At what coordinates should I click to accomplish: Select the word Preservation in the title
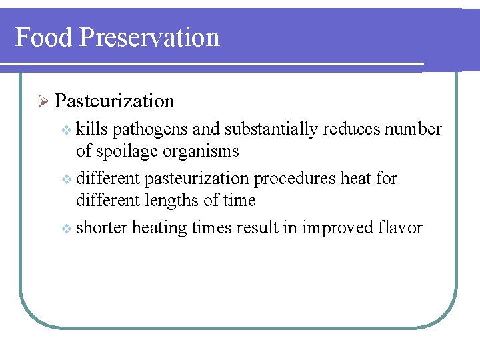click(x=149, y=37)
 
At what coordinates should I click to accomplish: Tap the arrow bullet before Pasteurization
click(x=43, y=101)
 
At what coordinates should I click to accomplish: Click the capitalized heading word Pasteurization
click(x=115, y=101)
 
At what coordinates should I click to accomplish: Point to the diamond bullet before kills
click(x=65, y=129)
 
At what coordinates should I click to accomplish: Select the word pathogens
click(x=157, y=129)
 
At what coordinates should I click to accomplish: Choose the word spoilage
click(x=131, y=151)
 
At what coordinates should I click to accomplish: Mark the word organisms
click(x=207, y=151)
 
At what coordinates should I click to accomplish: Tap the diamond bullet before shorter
click(x=65, y=229)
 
